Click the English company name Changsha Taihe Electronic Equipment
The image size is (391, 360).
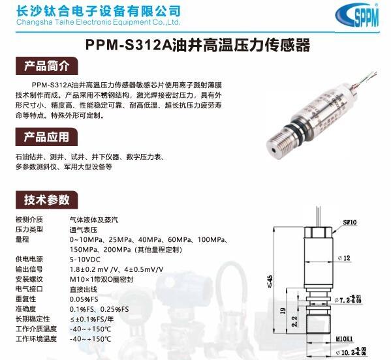pyautogui.click(x=98, y=22)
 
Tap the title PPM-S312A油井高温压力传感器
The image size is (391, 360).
pyautogui.click(x=198, y=45)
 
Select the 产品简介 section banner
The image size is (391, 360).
pyautogui.click(x=46, y=66)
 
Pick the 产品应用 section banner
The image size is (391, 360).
pyautogui.click(x=46, y=137)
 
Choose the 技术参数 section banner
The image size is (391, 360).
pyautogui.click(x=46, y=200)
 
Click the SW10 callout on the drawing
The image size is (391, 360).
pyautogui.click(x=350, y=222)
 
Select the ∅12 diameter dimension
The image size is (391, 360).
pyautogui.click(x=344, y=258)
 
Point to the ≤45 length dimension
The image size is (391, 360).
pyautogui.click(x=270, y=282)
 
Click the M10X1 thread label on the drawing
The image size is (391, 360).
pyautogui.click(x=345, y=339)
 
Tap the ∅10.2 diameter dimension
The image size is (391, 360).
pyautogui.click(x=351, y=352)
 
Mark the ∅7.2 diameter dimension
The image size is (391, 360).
pyautogui.click(x=348, y=299)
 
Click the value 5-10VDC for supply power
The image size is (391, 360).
pyautogui.click(x=85, y=260)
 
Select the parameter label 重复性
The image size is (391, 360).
pyautogui.click(x=25, y=299)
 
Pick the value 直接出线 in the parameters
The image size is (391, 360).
pyautogui.click(x=84, y=290)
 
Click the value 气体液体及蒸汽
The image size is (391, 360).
pyautogui.click(x=94, y=220)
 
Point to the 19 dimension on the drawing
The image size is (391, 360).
pyautogui.click(x=283, y=310)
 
